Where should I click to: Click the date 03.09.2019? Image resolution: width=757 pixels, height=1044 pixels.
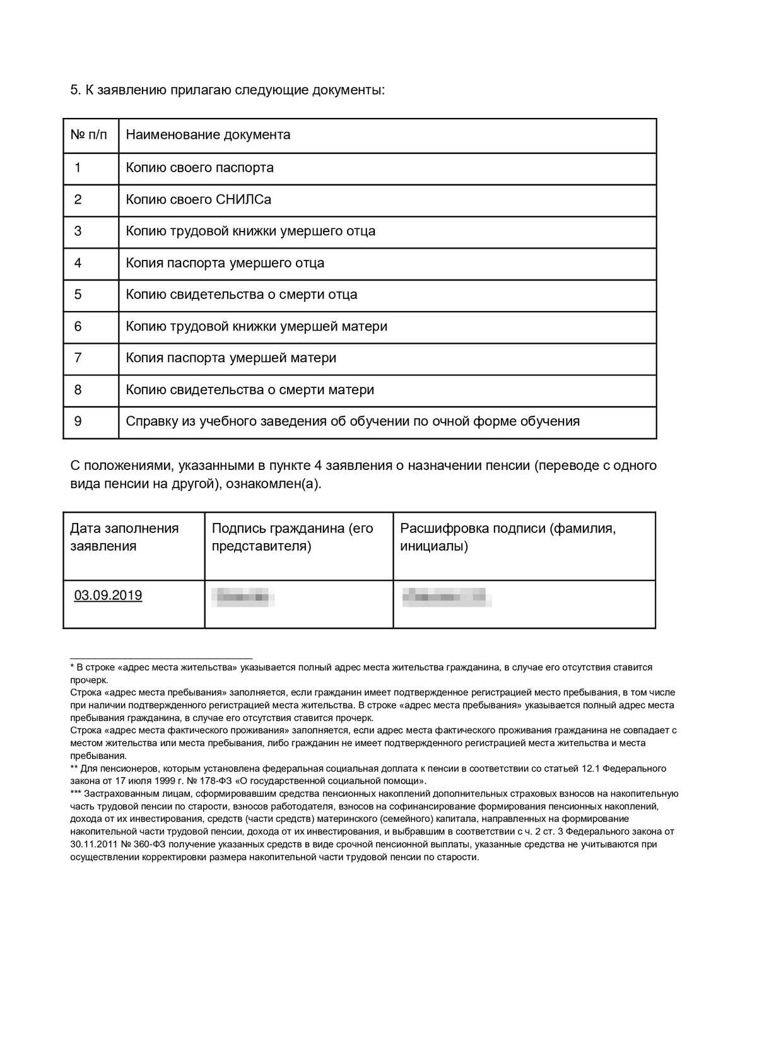click(108, 595)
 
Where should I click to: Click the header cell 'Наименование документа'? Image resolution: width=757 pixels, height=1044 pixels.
click(208, 134)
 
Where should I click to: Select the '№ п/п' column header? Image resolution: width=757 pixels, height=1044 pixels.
click(89, 134)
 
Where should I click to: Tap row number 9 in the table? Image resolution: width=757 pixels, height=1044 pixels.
click(78, 421)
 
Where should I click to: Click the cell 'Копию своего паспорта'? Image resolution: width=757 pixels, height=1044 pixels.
click(200, 168)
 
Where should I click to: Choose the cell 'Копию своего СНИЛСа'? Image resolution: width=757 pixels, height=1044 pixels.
click(199, 199)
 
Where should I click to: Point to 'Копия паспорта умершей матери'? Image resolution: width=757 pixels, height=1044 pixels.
click(231, 358)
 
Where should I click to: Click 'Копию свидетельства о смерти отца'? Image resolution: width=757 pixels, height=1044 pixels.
click(242, 295)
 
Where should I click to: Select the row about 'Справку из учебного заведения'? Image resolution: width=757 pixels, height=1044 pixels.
click(353, 421)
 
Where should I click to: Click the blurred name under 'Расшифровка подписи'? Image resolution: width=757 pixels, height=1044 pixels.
click(447, 596)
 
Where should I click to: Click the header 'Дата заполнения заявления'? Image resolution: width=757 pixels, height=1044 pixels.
click(124, 537)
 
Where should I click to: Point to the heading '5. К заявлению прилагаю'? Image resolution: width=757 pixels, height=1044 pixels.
click(227, 90)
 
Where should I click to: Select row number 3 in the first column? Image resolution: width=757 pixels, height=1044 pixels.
click(78, 231)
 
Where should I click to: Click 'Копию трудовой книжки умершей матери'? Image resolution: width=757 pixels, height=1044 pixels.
click(257, 326)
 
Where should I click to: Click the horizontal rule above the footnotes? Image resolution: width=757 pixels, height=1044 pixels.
click(161, 658)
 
